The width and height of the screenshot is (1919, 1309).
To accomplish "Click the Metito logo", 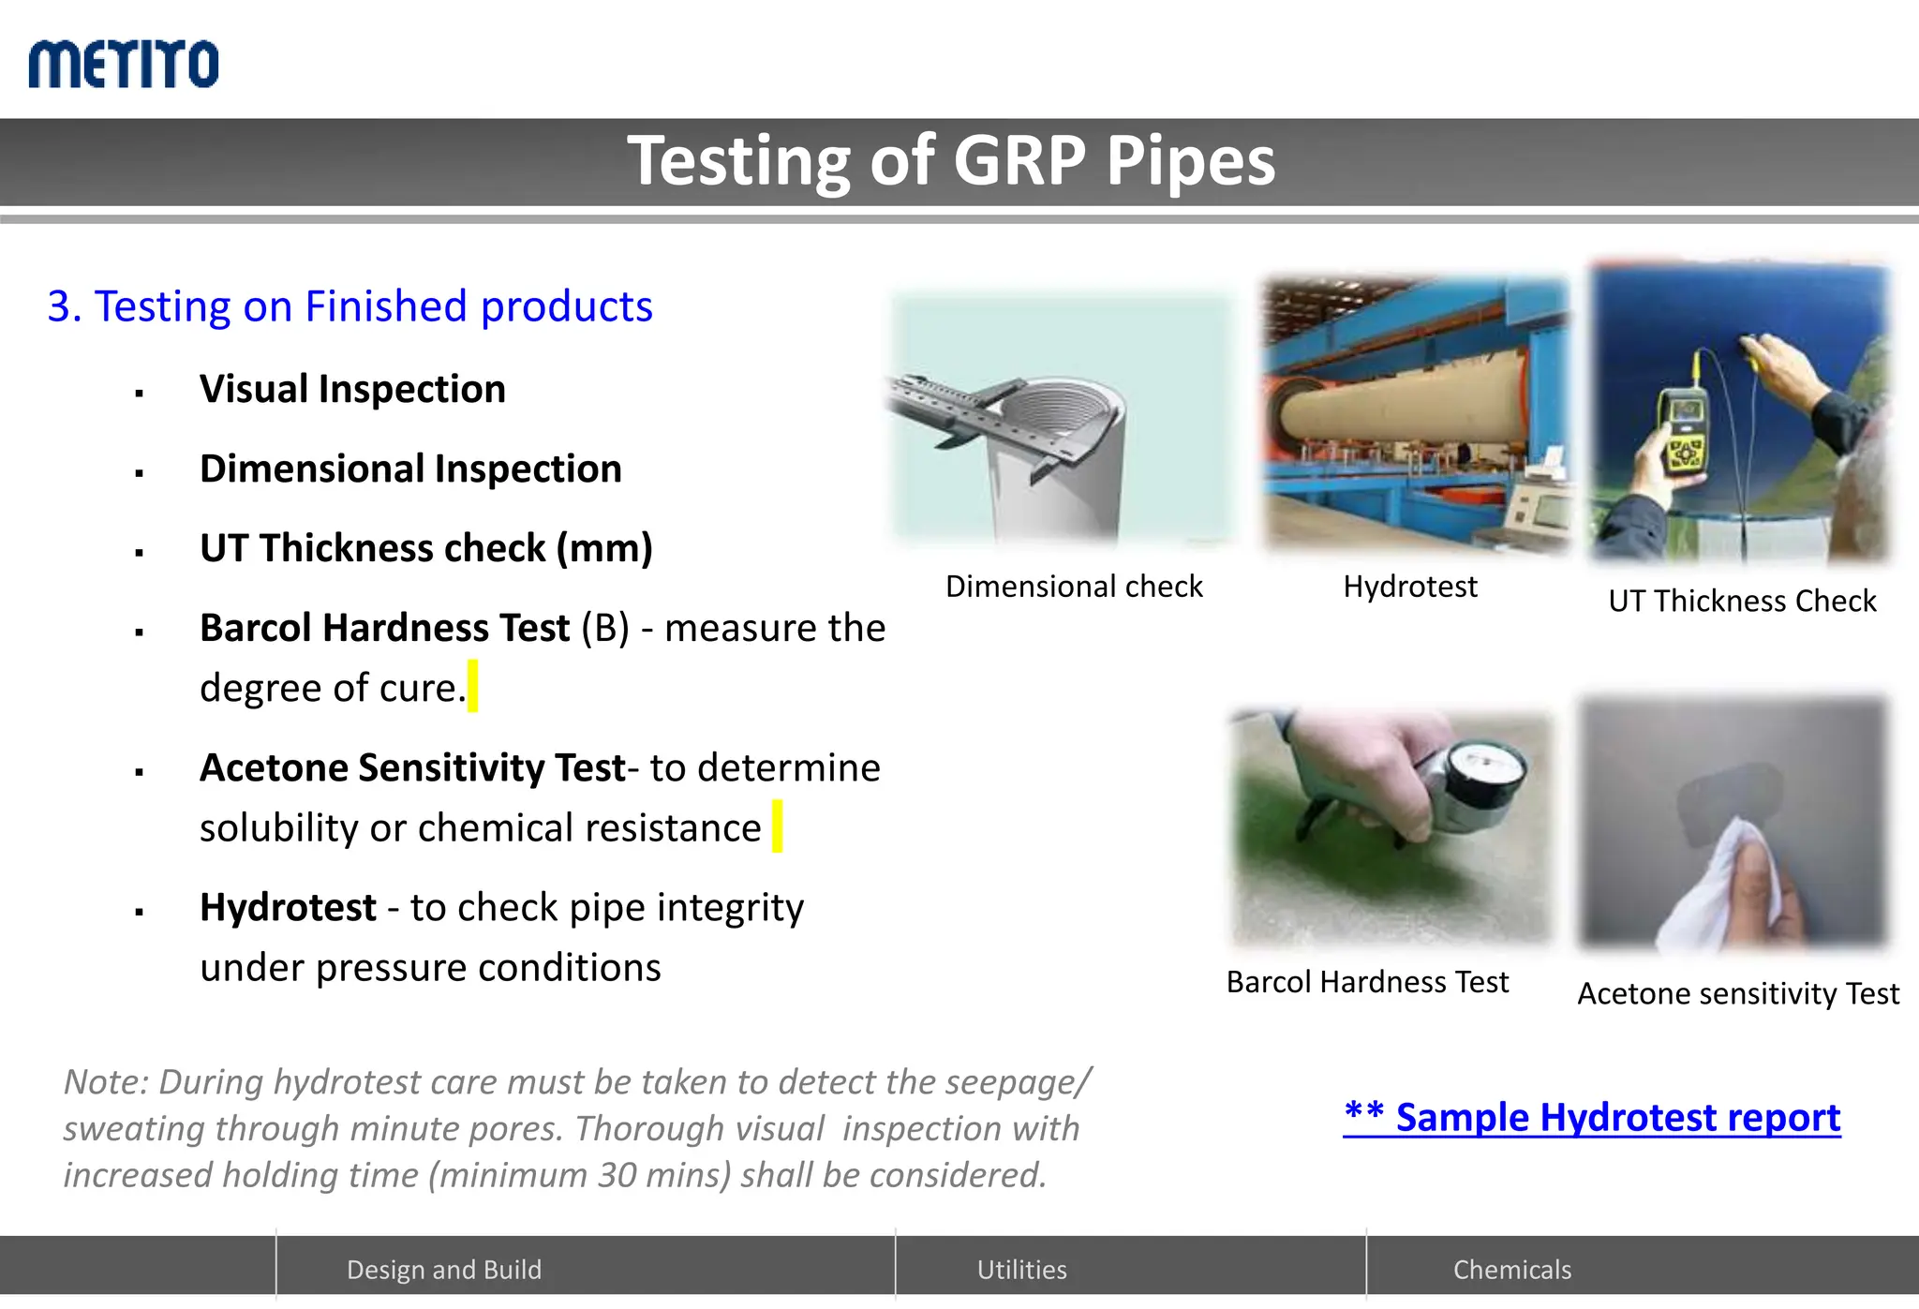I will tap(124, 64).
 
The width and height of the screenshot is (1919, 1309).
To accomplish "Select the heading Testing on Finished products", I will tap(350, 306).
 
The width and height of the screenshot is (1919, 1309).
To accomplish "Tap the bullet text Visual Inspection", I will tap(352, 389).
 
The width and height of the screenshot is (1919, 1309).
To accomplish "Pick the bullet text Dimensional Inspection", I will tap(410, 469).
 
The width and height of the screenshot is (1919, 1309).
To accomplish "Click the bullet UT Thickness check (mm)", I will tap(425, 548).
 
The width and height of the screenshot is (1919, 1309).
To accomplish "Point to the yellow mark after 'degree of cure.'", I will tap(473, 686).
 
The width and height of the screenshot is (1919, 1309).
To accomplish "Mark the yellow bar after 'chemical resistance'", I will tap(777, 826).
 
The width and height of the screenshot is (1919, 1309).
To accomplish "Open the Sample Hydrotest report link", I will tap(1591, 1117).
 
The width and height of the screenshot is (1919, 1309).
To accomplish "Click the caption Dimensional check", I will tap(1073, 587).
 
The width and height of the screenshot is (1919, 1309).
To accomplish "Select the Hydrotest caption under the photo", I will tap(1409, 587).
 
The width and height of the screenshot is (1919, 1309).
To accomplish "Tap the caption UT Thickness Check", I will tap(1742, 601).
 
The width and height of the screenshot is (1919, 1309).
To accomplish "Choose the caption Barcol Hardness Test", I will tap(1367, 982).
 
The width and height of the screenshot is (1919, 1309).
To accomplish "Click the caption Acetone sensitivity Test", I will tap(1738, 993).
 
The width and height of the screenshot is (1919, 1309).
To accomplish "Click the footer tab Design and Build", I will tap(444, 1270).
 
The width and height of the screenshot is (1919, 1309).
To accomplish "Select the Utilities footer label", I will tap(1021, 1270).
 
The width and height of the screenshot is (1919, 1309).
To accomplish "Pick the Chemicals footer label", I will tap(1511, 1270).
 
